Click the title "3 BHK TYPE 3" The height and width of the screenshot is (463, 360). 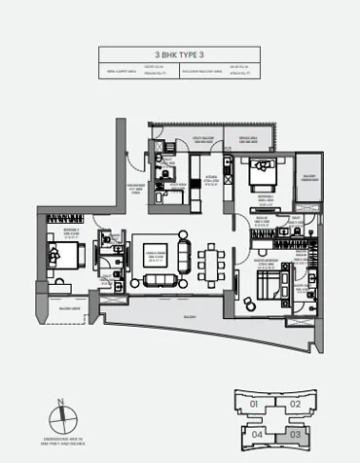click(x=179, y=56)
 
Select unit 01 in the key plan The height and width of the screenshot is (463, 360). click(x=254, y=403)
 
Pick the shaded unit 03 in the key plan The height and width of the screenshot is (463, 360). click(x=296, y=434)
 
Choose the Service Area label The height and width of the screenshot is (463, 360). click(x=248, y=139)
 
